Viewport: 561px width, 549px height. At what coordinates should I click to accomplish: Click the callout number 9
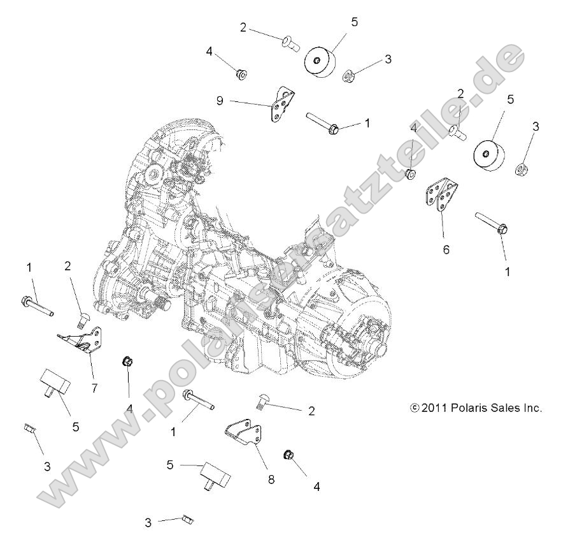(x=220, y=101)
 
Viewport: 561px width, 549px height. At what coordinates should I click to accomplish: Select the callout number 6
(x=446, y=249)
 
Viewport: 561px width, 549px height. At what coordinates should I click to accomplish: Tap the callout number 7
(x=94, y=386)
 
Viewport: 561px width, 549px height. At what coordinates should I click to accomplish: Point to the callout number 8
(x=271, y=479)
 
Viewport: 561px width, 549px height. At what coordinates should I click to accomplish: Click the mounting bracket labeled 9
(x=280, y=106)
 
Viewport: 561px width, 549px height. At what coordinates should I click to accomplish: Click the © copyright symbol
(x=415, y=407)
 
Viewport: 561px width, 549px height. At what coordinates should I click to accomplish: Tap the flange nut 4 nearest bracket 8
(x=288, y=455)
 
